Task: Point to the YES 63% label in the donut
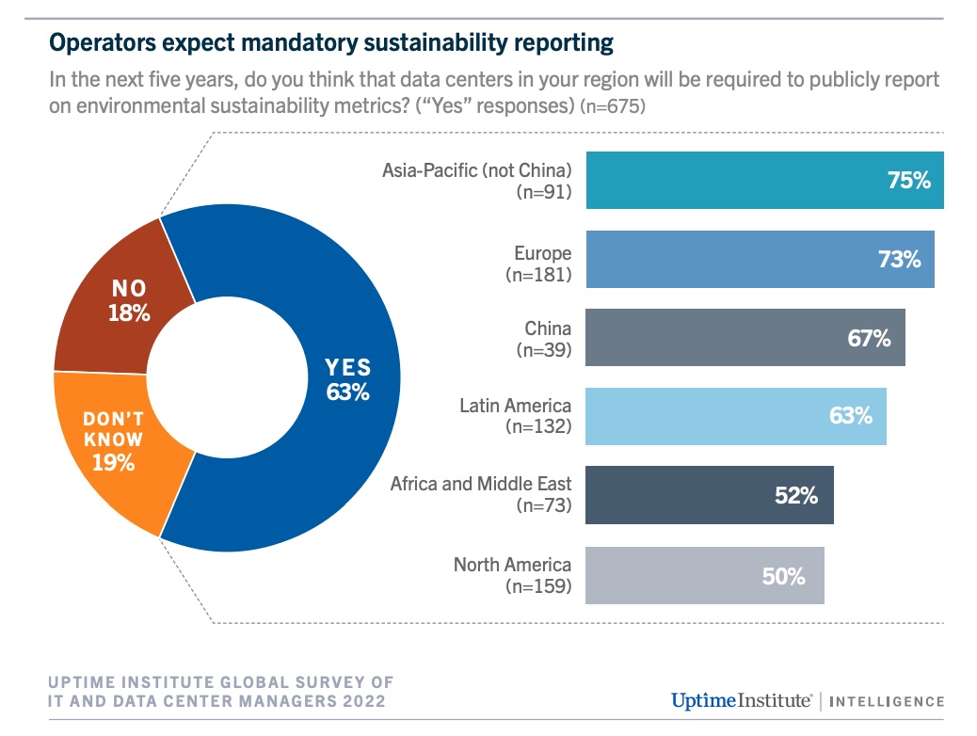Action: tap(347, 379)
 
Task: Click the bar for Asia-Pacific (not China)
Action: tap(764, 180)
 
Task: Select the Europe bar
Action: tap(760, 259)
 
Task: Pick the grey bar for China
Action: tap(745, 338)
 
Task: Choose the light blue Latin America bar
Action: tap(735, 416)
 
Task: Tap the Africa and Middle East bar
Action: tap(709, 495)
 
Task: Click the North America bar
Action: tap(704, 575)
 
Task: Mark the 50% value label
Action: tap(783, 576)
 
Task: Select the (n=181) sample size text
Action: tap(537, 276)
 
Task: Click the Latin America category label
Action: tap(515, 406)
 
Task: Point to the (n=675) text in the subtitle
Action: tap(612, 106)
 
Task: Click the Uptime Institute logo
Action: tap(741, 700)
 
